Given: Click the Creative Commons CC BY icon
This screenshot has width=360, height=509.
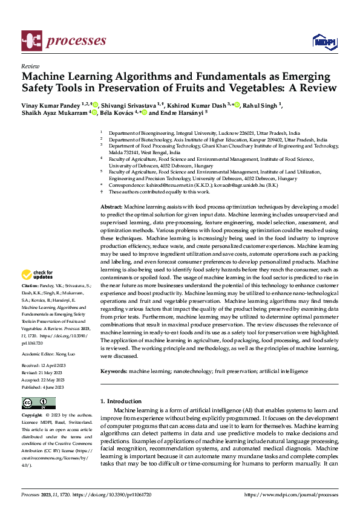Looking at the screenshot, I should point(39,403).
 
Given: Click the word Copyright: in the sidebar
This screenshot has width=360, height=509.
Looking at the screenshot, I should point(33,416).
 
